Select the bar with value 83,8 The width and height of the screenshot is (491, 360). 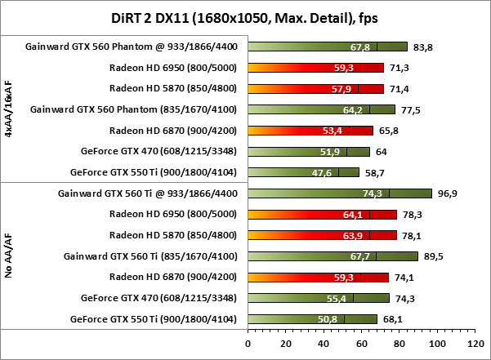(x=327, y=47)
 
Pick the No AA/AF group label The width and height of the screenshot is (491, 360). (x=8, y=255)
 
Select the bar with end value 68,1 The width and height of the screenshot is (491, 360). (x=312, y=319)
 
